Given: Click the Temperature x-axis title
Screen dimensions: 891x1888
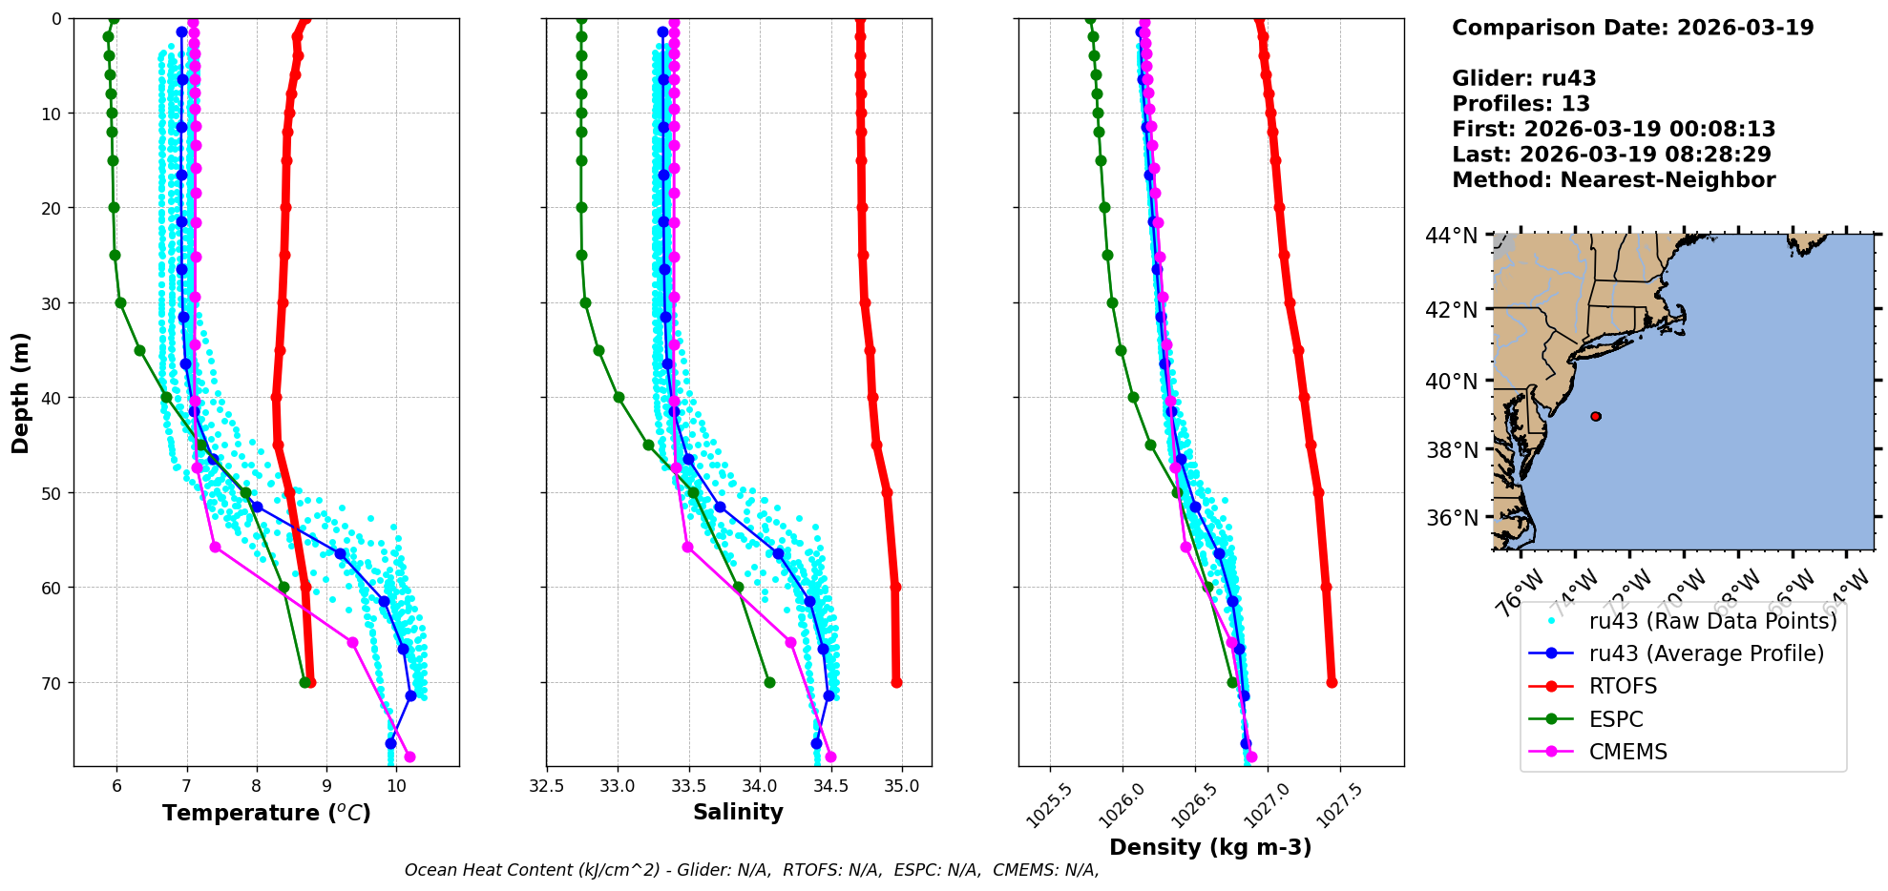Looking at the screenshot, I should (266, 813).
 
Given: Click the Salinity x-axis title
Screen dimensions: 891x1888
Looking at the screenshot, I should (738, 813).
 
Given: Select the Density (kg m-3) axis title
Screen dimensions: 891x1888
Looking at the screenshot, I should (1210, 847).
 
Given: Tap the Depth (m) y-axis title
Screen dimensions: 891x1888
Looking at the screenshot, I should (21, 392).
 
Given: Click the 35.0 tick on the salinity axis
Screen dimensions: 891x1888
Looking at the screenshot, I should (902, 786).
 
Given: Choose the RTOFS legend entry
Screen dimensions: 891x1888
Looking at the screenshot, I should (1623, 687).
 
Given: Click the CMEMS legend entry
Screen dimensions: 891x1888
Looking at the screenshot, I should (1627, 752).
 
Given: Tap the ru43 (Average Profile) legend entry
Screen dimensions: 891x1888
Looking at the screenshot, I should (1706, 653).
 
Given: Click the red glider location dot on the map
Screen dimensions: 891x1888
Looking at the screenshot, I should (1596, 416).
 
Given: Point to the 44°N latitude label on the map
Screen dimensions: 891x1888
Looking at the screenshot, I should (1451, 235).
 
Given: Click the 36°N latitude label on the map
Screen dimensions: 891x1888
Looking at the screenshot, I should (1451, 518).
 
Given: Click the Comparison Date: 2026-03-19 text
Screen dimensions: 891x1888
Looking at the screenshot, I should (1632, 28).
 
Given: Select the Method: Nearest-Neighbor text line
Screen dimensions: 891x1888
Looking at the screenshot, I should (1613, 180).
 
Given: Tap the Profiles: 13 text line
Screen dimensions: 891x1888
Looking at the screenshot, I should (1521, 104).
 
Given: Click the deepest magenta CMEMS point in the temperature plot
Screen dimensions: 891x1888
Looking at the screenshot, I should (409, 757).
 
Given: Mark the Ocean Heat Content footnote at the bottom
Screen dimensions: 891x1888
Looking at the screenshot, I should (751, 870).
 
